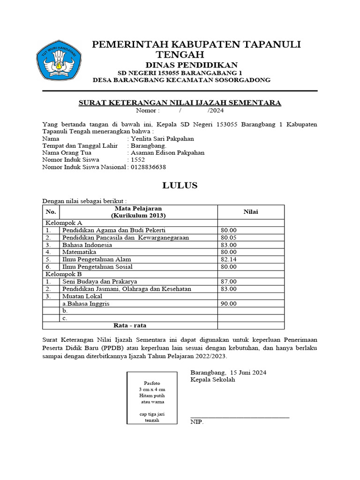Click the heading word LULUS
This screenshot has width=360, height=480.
tap(180, 185)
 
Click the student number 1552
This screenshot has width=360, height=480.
tap(135, 160)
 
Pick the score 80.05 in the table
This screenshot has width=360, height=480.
tap(229, 238)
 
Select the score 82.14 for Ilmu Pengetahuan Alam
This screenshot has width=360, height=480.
tap(229, 259)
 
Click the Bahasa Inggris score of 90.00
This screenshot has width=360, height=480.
tap(229, 304)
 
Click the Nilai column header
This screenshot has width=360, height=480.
tap(250, 212)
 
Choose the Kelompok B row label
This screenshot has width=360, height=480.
tap(63, 274)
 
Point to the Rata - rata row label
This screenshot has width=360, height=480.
tap(130, 325)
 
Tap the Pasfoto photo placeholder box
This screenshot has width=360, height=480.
tap(152, 397)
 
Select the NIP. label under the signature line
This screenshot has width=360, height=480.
tap(197, 422)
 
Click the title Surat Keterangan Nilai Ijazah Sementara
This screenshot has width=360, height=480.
tap(180, 103)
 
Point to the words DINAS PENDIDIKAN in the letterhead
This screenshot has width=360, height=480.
tap(191, 65)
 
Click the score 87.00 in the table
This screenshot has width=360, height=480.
tap(229, 281)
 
